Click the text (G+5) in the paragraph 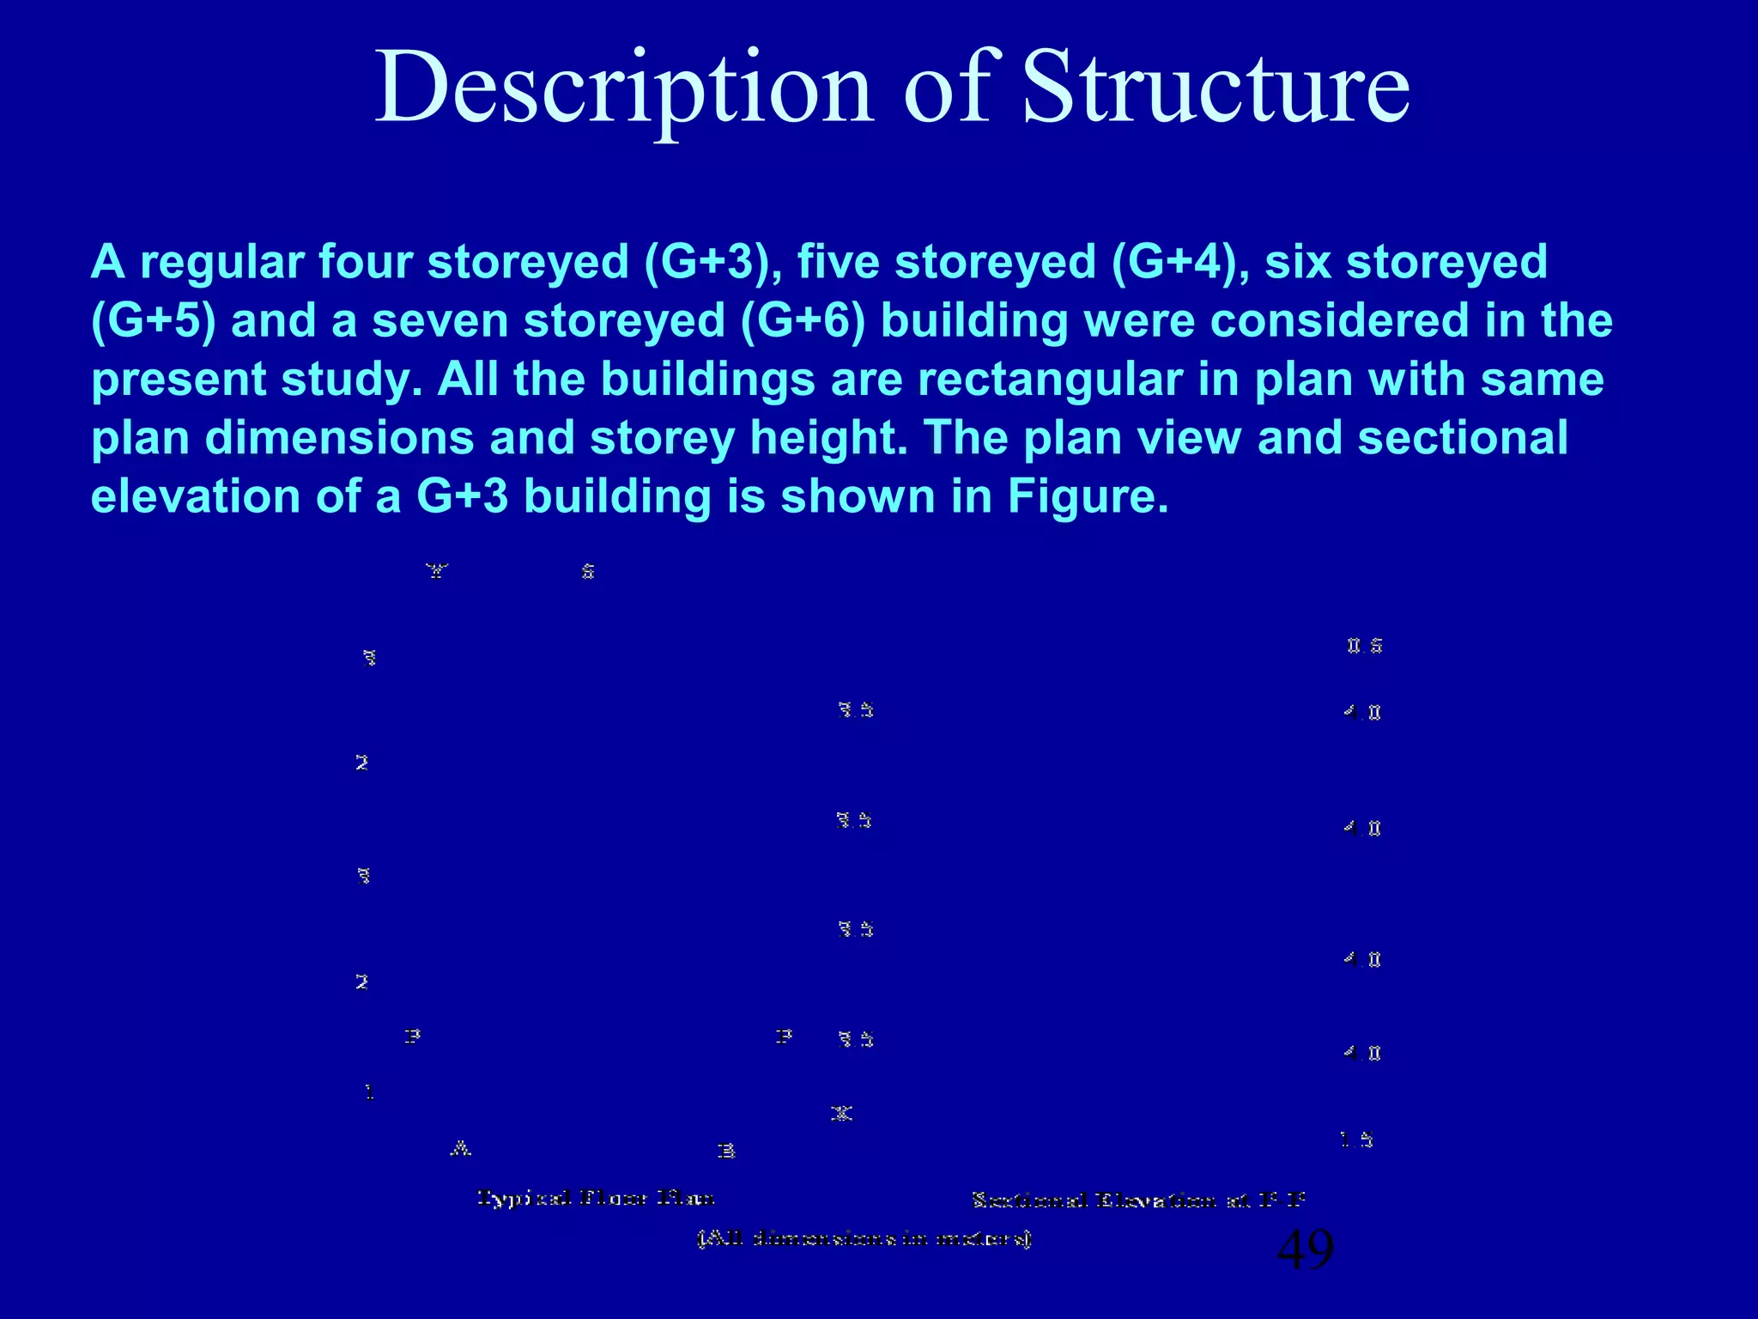(x=153, y=320)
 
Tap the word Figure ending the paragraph (x=1087, y=496)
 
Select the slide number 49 (x=1305, y=1249)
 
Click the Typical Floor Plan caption (x=596, y=1197)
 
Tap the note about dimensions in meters (x=864, y=1238)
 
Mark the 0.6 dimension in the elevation (x=1364, y=646)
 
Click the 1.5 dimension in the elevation (x=1356, y=1140)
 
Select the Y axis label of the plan (x=437, y=571)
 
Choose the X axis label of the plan (x=841, y=1114)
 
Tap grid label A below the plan (x=461, y=1148)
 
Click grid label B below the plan (x=726, y=1151)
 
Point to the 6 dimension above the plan (x=588, y=571)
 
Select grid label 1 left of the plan (x=369, y=1092)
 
